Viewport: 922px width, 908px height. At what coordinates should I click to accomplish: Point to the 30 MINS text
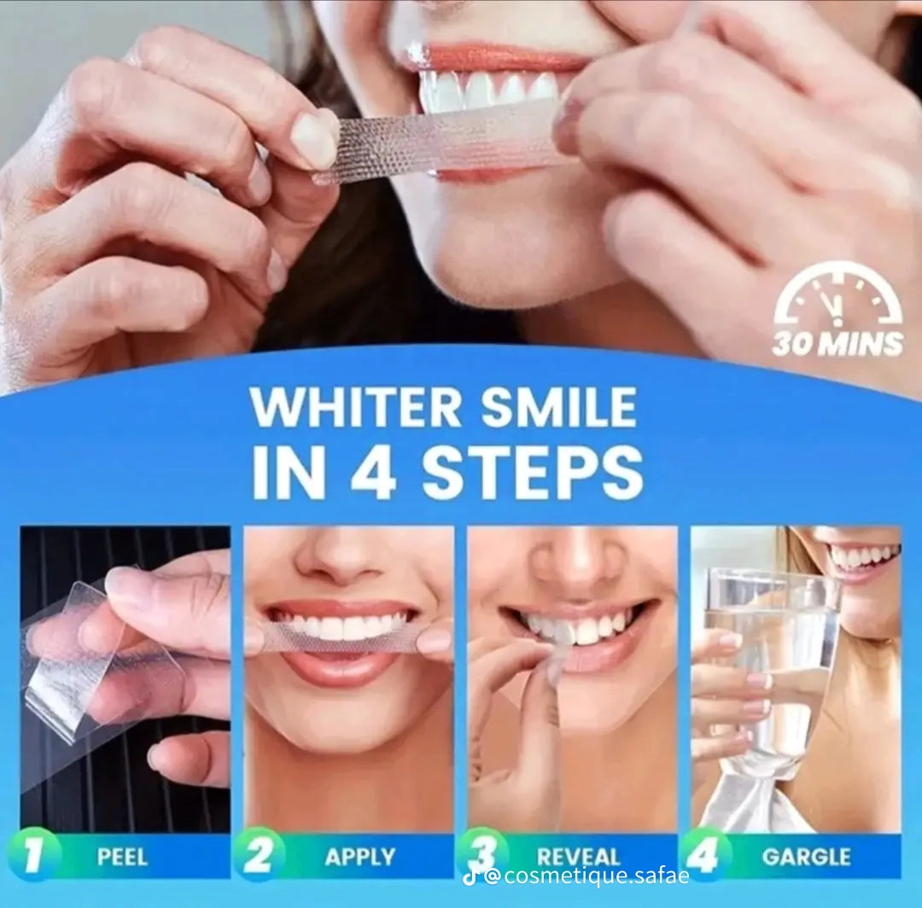pyautogui.click(x=837, y=344)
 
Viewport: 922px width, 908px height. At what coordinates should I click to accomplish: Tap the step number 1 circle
pyautogui.click(x=33, y=855)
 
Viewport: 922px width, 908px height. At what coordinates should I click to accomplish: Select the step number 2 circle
pyautogui.click(x=259, y=855)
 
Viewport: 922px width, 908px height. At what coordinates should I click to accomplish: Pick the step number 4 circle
pyautogui.click(x=706, y=855)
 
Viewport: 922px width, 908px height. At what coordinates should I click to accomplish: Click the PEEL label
pyautogui.click(x=122, y=857)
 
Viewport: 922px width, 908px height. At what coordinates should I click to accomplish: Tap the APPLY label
pyautogui.click(x=360, y=857)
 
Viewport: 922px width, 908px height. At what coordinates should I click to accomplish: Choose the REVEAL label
pyautogui.click(x=579, y=856)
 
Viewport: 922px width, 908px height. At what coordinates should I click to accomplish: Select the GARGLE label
pyautogui.click(x=806, y=857)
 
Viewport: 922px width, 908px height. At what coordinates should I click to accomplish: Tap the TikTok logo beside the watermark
pyautogui.click(x=470, y=877)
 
